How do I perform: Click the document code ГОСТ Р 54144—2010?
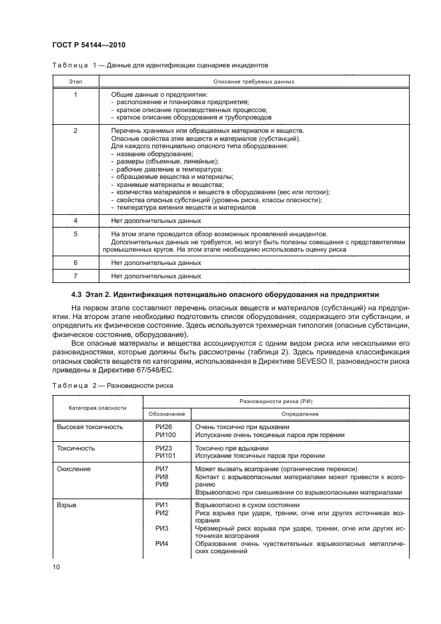coord(88,45)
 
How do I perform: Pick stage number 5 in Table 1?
coord(75,234)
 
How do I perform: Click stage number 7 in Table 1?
coord(75,276)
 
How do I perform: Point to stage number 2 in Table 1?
coord(75,131)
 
